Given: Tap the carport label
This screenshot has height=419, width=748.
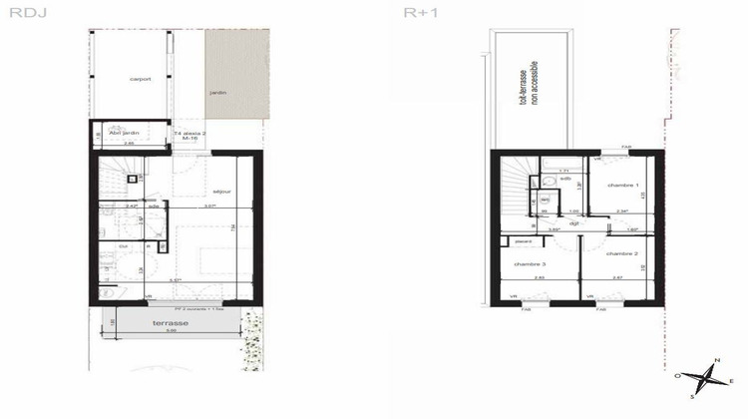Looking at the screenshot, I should point(140,80).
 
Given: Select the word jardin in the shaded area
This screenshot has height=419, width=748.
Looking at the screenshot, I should point(217,94).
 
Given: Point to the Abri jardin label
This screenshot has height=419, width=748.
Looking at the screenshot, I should point(123,134).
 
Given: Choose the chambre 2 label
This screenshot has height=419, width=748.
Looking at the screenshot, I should point(620,254).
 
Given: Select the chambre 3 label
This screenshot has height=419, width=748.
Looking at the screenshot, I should point(530,264).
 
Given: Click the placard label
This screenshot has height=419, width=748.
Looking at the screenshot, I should point(523,240).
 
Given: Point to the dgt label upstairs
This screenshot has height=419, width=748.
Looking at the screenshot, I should point(574,224).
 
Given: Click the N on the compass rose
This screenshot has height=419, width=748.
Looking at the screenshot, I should point(716,361).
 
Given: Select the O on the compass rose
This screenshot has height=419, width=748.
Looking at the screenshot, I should point(678,376).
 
